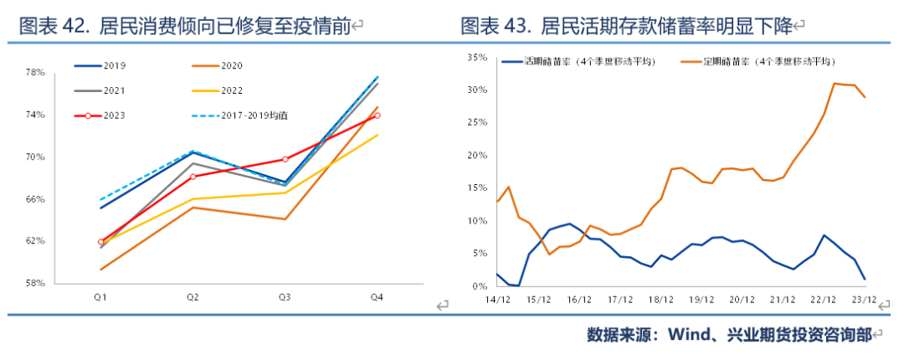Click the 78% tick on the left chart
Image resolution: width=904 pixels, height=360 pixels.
[x=33, y=73]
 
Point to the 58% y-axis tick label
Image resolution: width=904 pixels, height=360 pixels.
[x=33, y=284]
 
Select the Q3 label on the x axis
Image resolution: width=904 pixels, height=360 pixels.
[x=285, y=297]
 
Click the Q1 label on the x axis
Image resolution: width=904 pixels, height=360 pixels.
[x=100, y=297]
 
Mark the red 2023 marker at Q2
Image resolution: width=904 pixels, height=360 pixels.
[x=193, y=177]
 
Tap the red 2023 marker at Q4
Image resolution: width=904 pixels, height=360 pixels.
[x=378, y=116]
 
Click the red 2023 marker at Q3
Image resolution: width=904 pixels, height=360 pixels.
[x=285, y=159]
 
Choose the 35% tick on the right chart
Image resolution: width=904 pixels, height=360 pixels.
[x=477, y=58]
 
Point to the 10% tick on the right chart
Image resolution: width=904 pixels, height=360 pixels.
[x=477, y=222]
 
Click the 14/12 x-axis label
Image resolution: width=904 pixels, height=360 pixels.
[x=497, y=298]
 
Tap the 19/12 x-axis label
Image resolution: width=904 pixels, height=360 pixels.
[x=701, y=298]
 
